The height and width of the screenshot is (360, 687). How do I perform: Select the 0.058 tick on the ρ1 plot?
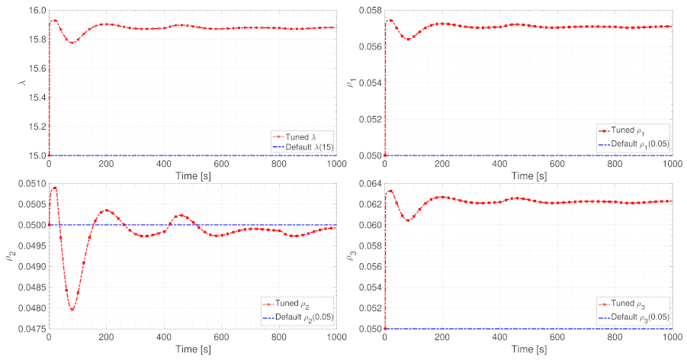pos(368,10)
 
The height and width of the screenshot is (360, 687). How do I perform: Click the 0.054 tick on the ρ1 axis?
pos(368,82)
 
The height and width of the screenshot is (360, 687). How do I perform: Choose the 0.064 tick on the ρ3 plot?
pos(368,183)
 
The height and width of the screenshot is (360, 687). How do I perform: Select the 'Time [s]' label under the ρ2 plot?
pos(194,348)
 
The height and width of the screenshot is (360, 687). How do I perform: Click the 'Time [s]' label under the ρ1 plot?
pos(528,175)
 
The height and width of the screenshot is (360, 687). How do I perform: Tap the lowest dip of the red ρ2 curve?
pos(72,309)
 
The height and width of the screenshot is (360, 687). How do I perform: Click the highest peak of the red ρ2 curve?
pos(54,188)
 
